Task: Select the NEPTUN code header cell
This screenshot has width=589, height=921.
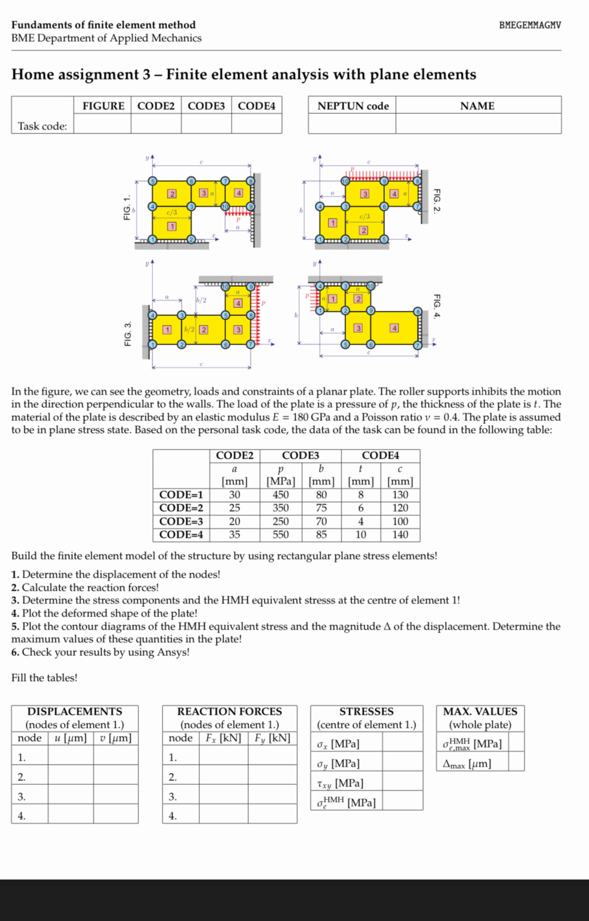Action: tap(353, 106)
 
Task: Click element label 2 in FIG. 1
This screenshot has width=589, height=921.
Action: tap(172, 194)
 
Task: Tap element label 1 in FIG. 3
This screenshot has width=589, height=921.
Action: tap(167, 329)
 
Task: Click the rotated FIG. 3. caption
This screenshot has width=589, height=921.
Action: tap(128, 333)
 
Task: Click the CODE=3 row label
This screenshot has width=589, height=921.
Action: tap(181, 521)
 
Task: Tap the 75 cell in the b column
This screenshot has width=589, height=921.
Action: tap(321, 508)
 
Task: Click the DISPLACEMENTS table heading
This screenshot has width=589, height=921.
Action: tap(75, 711)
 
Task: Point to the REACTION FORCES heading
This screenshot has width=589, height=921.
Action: tap(230, 711)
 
